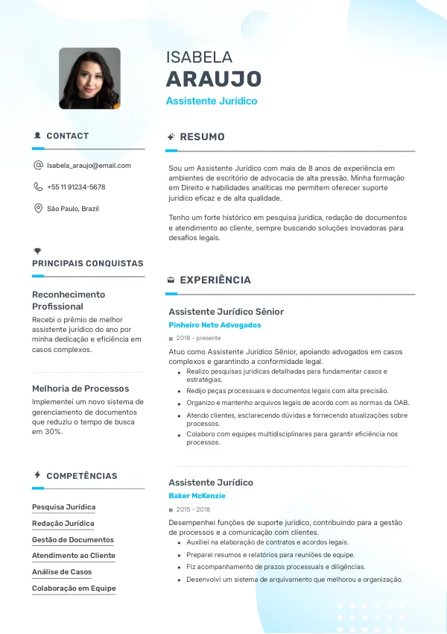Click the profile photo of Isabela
tap(89, 78)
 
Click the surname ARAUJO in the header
tap(213, 79)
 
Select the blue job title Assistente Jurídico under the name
tap(212, 101)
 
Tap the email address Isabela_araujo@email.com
tap(89, 166)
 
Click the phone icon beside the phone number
tap(38, 187)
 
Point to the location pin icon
tap(38, 209)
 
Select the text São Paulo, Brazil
tap(73, 209)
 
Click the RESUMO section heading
tap(202, 137)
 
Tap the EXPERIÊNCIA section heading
tap(215, 280)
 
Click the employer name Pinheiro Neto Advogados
tap(215, 325)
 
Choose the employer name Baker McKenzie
tap(197, 496)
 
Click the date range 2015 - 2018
tap(193, 509)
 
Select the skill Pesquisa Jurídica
tap(63, 507)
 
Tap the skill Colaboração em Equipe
tap(74, 589)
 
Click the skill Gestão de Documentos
tap(73, 540)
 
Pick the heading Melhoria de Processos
tap(80, 389)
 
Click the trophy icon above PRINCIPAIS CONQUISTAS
tap(37, 251)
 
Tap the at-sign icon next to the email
tap(38, 166)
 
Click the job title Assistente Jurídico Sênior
tap(226, 312)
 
